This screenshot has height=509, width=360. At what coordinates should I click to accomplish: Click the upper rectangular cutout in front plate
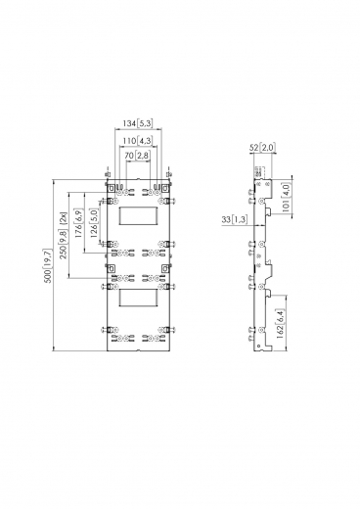click(x=138, y=217)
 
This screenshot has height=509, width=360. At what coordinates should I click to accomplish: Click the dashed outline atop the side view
click(x=259, y=174)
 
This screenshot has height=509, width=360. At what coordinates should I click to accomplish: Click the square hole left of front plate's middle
click(x=111, y=265)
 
